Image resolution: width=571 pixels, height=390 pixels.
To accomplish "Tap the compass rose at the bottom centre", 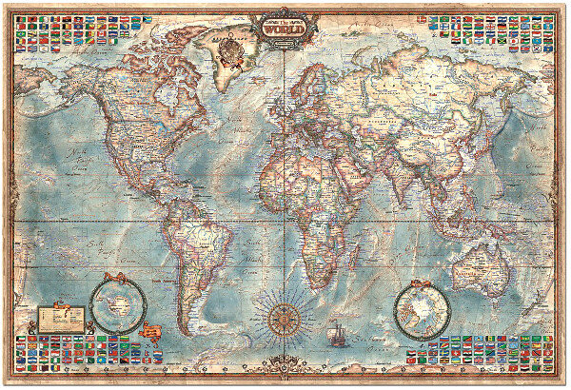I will pos(285,315).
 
